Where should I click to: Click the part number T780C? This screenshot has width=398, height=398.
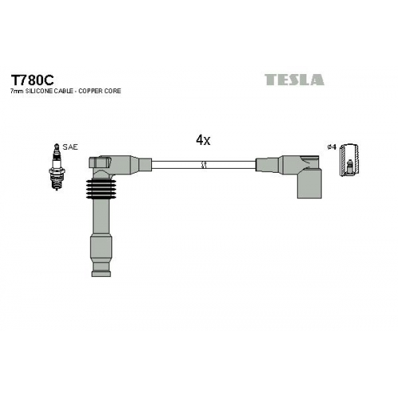[x=32, y=80]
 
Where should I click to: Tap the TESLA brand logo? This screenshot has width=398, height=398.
[x=295, y=80]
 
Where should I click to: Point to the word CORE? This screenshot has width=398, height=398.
[x=113, y=91]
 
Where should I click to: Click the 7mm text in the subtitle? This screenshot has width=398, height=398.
[x=17, y=92]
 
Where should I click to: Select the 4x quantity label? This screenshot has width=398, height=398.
[x=203, y=140]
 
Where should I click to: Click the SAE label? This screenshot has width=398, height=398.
[x=70, y=147]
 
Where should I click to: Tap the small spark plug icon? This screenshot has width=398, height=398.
[x=57, y=167]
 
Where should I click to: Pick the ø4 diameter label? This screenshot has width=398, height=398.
[x=332, y=146]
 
